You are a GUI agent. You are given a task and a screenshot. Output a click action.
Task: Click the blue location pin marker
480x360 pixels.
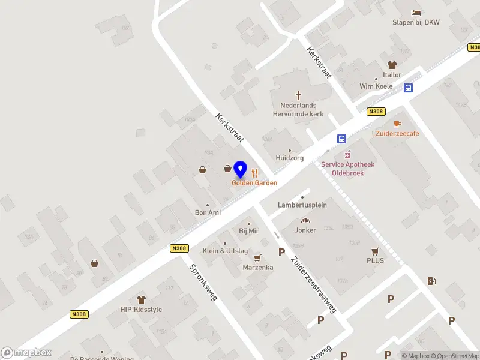(x=241, y=170)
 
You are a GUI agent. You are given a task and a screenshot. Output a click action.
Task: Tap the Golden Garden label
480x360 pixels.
(x=254, y=182)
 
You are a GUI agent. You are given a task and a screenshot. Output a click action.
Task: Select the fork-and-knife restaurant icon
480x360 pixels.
(x=254, y=173)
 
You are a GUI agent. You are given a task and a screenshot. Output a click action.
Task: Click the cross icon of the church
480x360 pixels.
(x=298, y=95)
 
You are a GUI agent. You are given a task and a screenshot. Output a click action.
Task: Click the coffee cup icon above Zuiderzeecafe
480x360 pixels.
(x=397, y=124)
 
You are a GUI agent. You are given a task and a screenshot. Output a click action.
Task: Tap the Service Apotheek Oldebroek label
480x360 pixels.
(x=347, y=169)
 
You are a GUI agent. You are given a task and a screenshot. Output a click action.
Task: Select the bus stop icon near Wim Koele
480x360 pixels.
(x=408, y=88)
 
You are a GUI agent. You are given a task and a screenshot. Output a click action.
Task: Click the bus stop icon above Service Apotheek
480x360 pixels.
(x=341, y=139)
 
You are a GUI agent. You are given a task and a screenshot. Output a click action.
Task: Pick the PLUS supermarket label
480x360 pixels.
(x=376, y=261)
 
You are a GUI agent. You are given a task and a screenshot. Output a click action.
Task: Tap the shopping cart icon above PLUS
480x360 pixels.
(x=376, y=251)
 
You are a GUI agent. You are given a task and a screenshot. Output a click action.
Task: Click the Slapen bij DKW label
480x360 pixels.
(x=416, y=23)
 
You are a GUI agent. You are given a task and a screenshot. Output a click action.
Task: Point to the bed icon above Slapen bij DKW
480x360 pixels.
(x=416, y=13)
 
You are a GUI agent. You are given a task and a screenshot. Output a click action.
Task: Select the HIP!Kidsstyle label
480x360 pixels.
(x=141, y=310)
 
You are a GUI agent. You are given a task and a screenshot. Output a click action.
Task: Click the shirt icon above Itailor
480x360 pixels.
(x=392, y=65)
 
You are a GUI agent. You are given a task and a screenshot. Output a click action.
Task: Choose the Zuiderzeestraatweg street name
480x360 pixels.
(x=313, y=284)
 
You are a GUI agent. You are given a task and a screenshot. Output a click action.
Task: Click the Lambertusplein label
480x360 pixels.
(x=302, y=205)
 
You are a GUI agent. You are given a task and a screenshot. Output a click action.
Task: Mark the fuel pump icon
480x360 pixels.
(x=431, y=281)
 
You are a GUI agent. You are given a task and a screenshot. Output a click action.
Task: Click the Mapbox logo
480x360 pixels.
(x=26, y=353)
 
